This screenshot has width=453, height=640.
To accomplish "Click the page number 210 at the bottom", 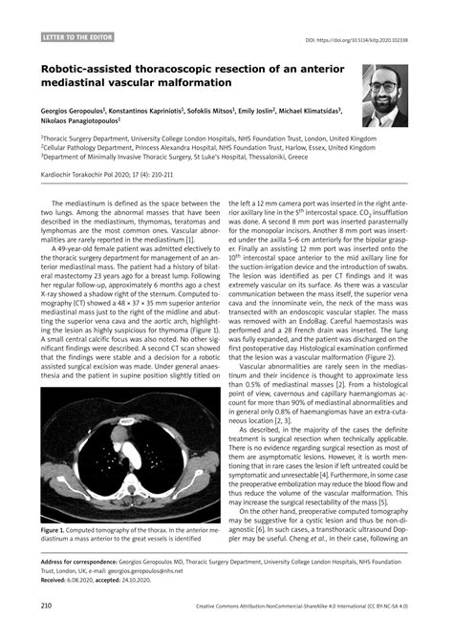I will click(46, 606).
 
